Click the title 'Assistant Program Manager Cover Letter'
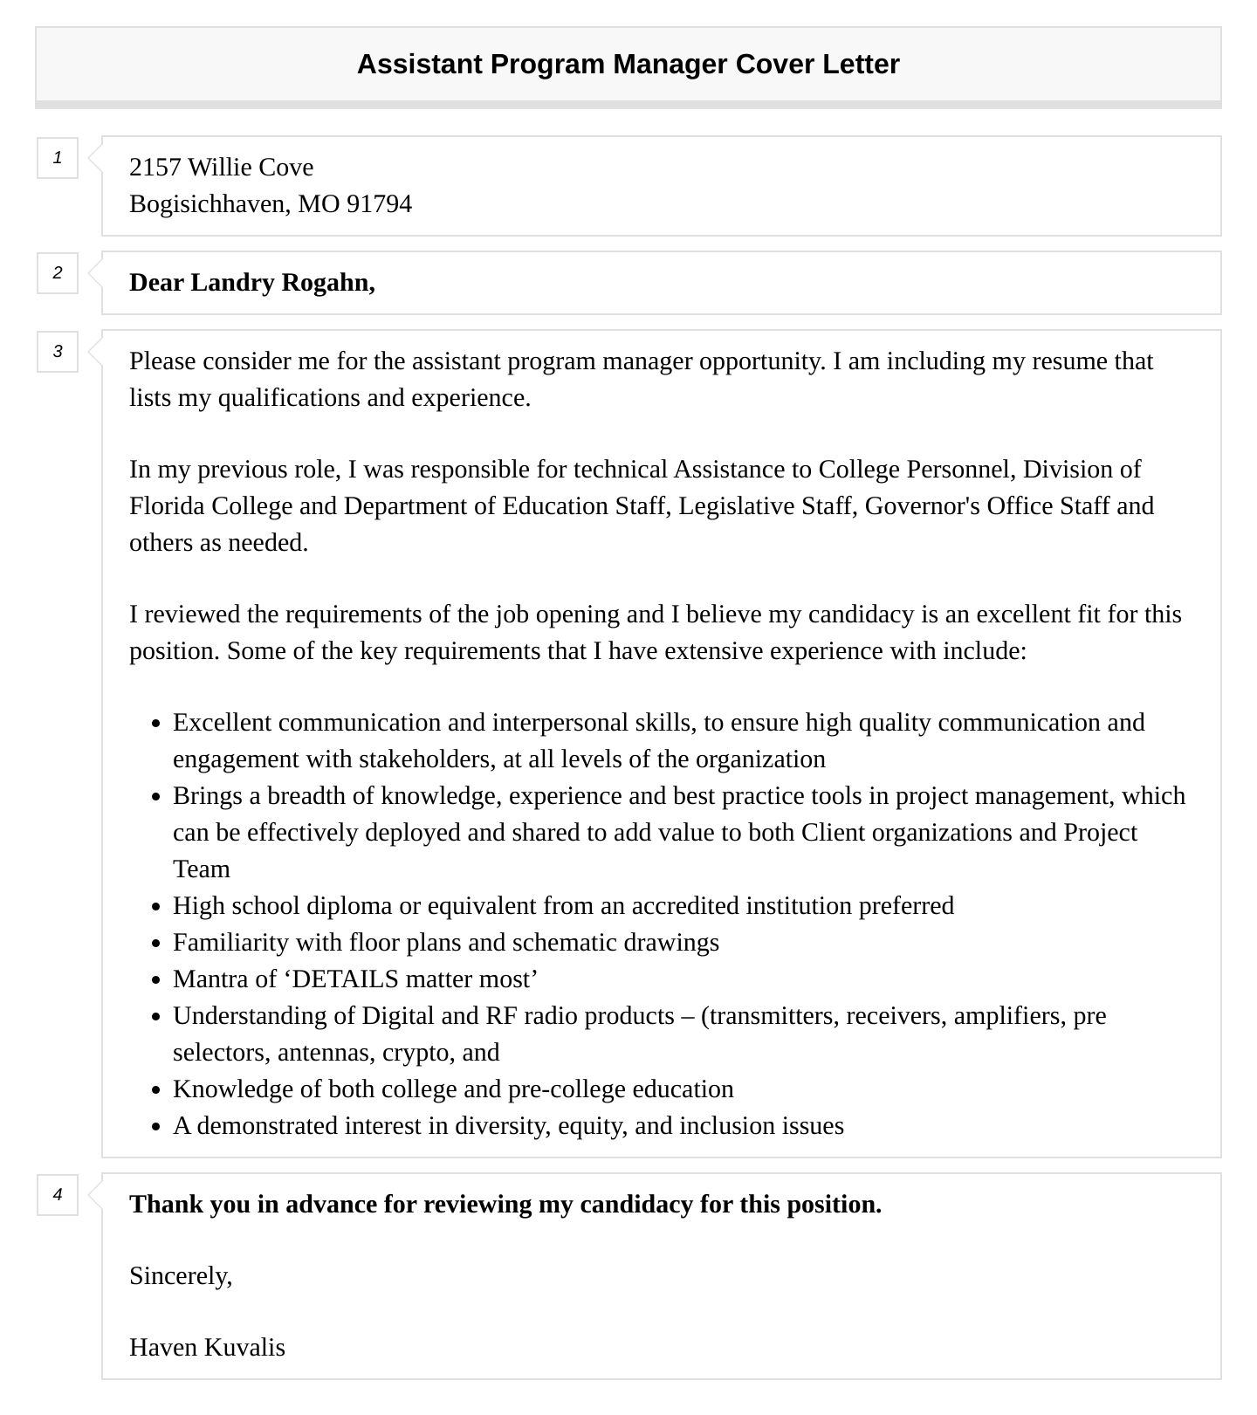coord(628,65)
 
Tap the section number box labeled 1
coord(58,158)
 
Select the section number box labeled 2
coord(58,273)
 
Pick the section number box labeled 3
coord(58,352)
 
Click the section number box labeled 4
coord(58,1195)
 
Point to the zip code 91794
coord(379,204)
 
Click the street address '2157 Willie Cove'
coord(221,168)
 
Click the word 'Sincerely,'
coord(181,1276)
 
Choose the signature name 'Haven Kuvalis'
coord(207,1348)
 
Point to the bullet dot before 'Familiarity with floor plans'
coord(156,944)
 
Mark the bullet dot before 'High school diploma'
coord(156,908)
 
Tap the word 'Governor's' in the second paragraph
coord(922,506)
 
